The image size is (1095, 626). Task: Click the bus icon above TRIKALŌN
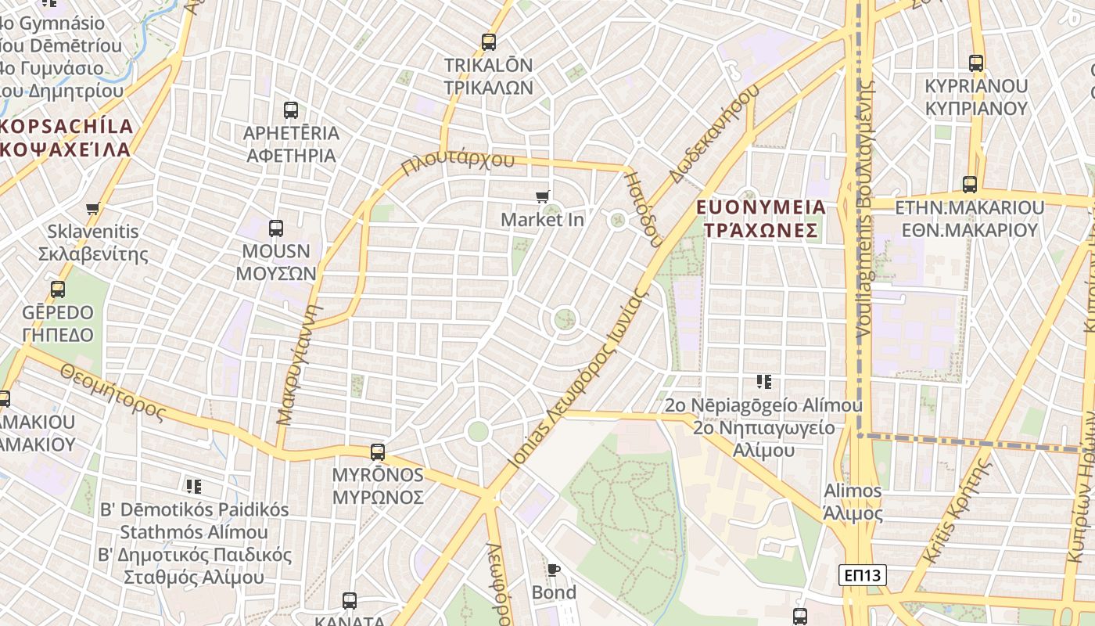pyautogui.click(x=489, y=42)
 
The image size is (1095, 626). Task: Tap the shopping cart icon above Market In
pyautogui.click(x=543, y=196)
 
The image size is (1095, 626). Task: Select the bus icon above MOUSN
pyautogui.click(x=276, y=228)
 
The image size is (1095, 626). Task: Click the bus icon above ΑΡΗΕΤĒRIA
pyautogui.click(x=291, y=110)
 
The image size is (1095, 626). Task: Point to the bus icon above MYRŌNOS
pyautogui.click(x=378, y=452)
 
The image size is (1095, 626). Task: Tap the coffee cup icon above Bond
pyautogui.click(x=554, y=570)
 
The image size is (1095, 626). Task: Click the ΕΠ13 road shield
pyautogui.click(x=863, y=575)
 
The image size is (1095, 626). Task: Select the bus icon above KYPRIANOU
pyautogui.click(x=976, y=63)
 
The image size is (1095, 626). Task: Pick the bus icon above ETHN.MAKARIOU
pyautogui.click(x=970, y=185)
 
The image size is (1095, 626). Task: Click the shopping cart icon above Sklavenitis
pyautogui.click(x=93, y=209)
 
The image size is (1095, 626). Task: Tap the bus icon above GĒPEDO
pyautogui.click(x=58, y=290)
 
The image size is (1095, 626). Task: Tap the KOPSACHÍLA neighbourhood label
pyautogui.click(x=67, y=126)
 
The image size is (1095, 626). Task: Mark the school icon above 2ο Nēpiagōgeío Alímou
pyautogui.click(x=764, y=382)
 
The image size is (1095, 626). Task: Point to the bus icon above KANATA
pyautogui.click(x=350, y=601)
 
